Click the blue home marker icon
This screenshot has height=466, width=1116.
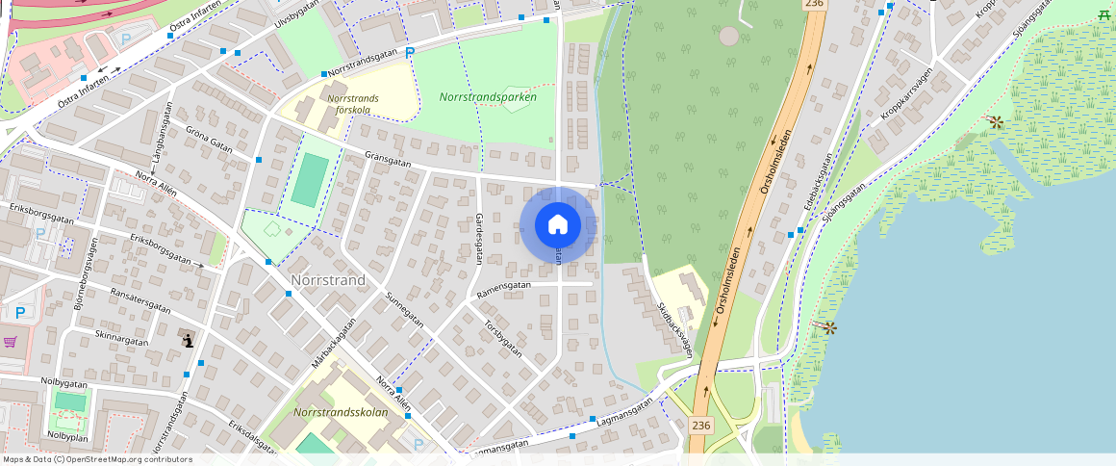(x=558, y=225)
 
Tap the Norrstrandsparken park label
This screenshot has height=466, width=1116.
(x=488, y=97)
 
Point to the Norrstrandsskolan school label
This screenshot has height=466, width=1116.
(x=341, y=412)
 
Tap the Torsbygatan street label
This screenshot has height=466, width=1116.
(x=503, y=337)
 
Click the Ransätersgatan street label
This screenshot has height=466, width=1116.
(x=140, y=301)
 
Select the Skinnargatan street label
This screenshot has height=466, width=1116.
(x=122, y=340)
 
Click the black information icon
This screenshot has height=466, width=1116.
(x=188, y=340)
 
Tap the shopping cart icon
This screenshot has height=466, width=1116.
(x=11, y=342)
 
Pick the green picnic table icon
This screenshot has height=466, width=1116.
(x=1104, y=13)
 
